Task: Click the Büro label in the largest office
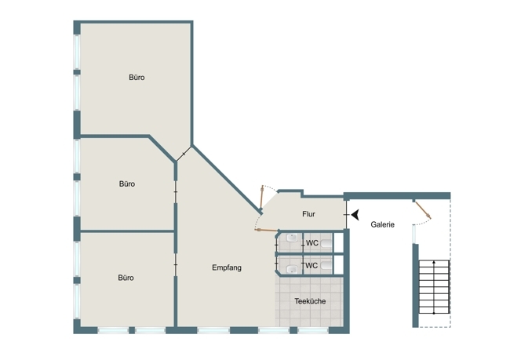click(137, 78)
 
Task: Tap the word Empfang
click(227, 267)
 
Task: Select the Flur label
click(308, 214)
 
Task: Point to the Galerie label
click(383, 224)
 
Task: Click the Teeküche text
click(310, 301)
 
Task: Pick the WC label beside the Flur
click(312, 243)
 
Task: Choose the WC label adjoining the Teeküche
click(311, 265)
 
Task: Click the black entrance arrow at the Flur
click(355, 215)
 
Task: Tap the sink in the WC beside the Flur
click(292, 238)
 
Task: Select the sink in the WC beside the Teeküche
click(292, 269)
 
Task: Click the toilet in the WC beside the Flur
click(326, 244)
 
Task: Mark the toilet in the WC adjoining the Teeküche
click(326, 266)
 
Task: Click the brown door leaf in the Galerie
click(423, 210)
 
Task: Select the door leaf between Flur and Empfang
click(266, 231)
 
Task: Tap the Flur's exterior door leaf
click(262, 198)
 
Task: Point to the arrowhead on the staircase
click(434, 261)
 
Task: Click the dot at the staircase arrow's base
click(434, 313)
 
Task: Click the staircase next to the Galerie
click(434, 287)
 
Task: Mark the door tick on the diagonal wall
click(184, 154)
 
